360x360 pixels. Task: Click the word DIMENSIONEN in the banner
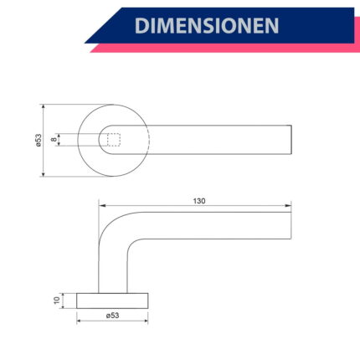[x=207, y=25]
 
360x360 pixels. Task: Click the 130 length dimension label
[x=199, y=201]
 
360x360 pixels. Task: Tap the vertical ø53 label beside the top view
[x=39, y=140]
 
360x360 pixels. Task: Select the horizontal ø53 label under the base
[x=112, y=316]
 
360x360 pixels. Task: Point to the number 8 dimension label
[x=54, y=139]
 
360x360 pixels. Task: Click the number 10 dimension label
[x=57, y=301]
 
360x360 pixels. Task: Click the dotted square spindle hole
[x=114, y=140]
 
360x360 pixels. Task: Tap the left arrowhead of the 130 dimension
[x=102, y=206]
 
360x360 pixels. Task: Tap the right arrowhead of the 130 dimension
[x=288, y=206]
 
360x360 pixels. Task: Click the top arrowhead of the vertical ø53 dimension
[x=43, y=108]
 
